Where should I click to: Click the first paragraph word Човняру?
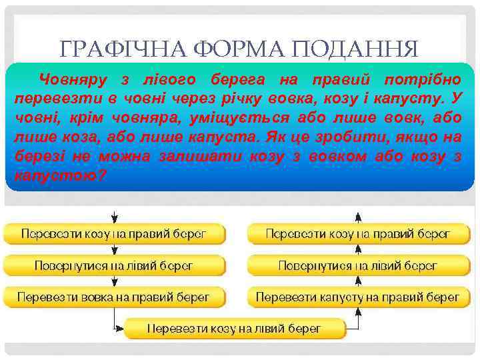(73, 80)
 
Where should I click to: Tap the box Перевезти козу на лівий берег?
(235, 328)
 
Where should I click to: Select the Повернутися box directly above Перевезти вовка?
(113, 265)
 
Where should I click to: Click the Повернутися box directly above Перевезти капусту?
(358, 265)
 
